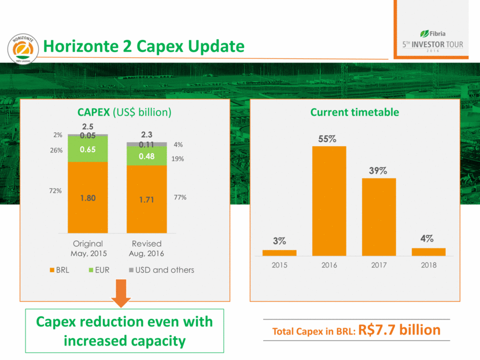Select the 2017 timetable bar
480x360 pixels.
coord(379,217)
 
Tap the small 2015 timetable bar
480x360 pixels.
coord(279,253)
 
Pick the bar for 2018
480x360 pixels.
coord(429,251)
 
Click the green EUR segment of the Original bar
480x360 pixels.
coord(88,149)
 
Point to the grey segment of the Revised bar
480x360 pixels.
coord(147,144)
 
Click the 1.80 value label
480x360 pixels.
coord(88,198)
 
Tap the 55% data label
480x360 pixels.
coord(329,139)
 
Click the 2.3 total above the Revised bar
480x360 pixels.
coord(147,135)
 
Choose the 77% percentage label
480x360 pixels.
coord(180,198)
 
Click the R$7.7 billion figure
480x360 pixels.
coord(400,330)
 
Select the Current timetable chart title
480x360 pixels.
coord(355,112)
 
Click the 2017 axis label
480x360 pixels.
coord(379,265)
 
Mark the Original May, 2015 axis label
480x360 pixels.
coord(88,248)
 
